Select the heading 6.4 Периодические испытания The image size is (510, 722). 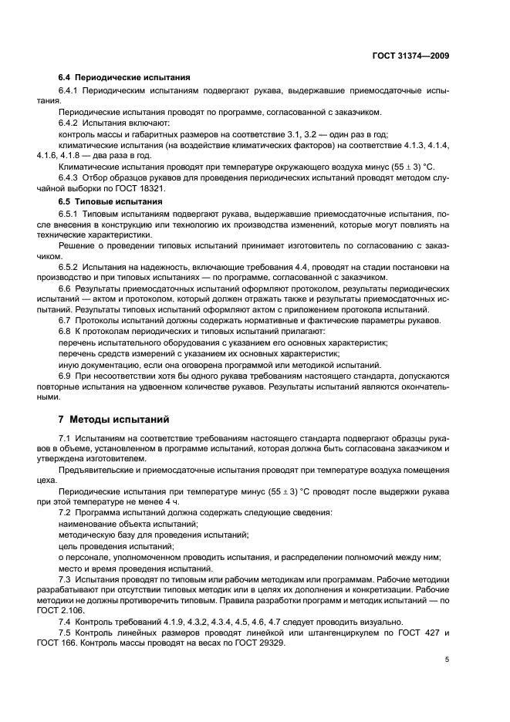[125, 78]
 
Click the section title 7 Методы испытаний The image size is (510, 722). [113, 420]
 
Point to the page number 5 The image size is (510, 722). [448, 660]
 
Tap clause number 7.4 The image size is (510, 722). [66, 621]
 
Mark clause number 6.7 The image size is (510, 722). [66, 320]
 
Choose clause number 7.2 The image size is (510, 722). [66, 512]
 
